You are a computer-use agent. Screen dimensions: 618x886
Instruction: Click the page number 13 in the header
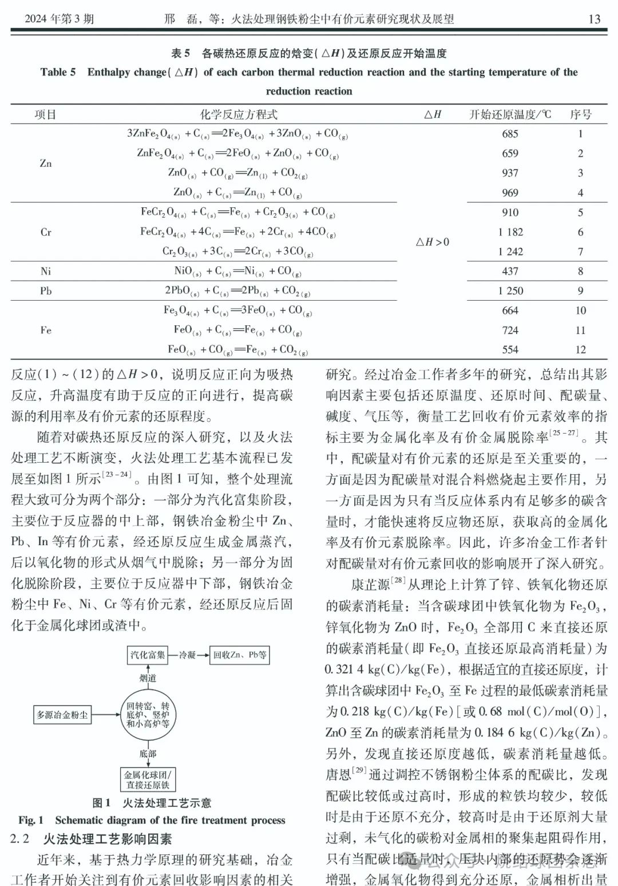click(594, 19)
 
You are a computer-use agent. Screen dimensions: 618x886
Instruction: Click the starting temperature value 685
click(510, 134)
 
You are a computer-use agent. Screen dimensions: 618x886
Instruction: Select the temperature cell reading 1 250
click(510, 291)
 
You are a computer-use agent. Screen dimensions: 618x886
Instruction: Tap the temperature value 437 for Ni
click(510, 271)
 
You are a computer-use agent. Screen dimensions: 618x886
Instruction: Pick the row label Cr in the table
click(46, 233)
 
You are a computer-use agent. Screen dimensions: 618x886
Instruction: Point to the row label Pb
click(46, 291)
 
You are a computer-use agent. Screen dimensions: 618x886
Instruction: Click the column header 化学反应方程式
click(239, 115)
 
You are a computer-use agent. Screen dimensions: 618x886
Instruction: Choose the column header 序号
click(580, 115)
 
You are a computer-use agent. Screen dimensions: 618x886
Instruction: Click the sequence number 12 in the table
click(580, 349)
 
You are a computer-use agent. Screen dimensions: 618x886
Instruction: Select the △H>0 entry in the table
click(432, 242)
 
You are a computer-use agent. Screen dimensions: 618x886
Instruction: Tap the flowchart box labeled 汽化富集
click(147, 655)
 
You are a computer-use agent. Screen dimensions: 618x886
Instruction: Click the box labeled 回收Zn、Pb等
click(240, 655)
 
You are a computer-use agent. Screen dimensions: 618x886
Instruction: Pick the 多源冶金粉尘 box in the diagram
click(62, 715)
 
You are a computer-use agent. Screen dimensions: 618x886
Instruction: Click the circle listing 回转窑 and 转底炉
click(148, 715)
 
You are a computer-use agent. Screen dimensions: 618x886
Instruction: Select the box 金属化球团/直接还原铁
click(148, 779)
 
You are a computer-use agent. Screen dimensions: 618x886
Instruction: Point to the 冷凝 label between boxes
click(187, 655)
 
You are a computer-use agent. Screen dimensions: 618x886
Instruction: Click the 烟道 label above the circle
click(148, 678)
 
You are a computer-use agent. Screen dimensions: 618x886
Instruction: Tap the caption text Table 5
click(58, 72)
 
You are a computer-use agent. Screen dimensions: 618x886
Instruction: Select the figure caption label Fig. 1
click(31, 820)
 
